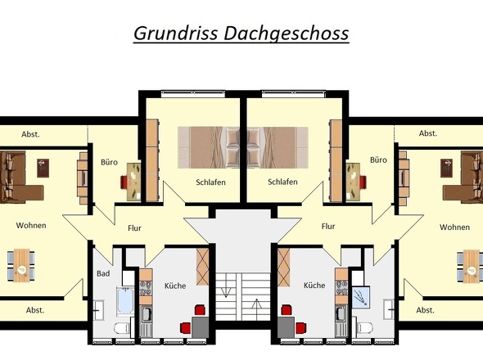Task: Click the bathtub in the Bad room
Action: [x=125, y=303]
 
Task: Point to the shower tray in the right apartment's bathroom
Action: [x=361, y=299]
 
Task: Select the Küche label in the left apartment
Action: [x=174, y=286]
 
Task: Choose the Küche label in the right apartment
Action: [x=314, y=286]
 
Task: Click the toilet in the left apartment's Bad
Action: [x=121, y=330]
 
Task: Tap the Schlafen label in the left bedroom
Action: [x=210, y=182]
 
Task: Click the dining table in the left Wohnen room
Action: [x=21, y=262]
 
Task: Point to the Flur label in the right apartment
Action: [x=328, y=227]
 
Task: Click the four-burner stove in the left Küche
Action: [x=146, y=288]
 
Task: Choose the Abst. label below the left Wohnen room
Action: [x=34, y=310]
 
